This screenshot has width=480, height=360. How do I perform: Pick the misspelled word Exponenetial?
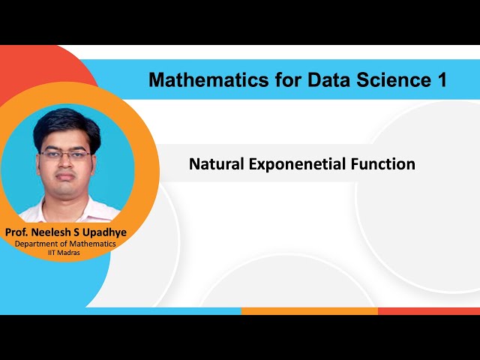point(295,164)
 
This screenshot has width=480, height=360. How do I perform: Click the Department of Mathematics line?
point(65,244)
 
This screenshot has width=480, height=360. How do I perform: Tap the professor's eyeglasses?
point(65,154)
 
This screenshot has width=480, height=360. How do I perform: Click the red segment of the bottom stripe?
point(428,310)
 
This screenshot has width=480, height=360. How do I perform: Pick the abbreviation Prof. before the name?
point(18,232)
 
